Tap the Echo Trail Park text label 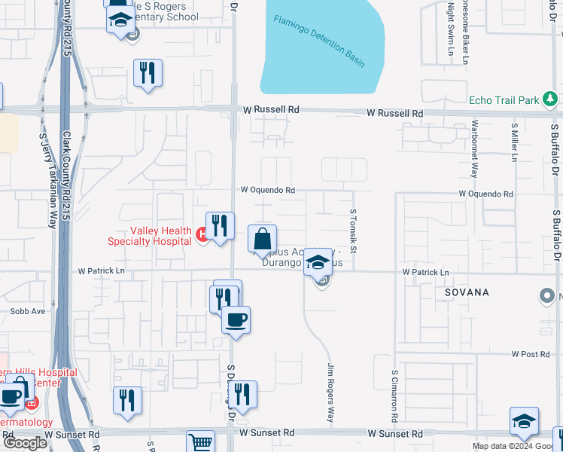click(x=504, y=99)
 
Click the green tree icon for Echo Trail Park click(x=551, y=99)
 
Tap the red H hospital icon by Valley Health click(x=202, y=236)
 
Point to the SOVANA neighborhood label click(x=467, y=292)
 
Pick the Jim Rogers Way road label click(x=330, y=392)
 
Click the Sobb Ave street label click(x=28, y=310)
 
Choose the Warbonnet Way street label click(x=474, y=148)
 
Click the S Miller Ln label click(x=515, y=142)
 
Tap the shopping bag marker click(x=262, y=240)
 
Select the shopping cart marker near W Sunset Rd click(x=200, y=443)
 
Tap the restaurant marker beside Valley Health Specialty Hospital click(x=220, y=227)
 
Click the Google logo click(x=25, y=443)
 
